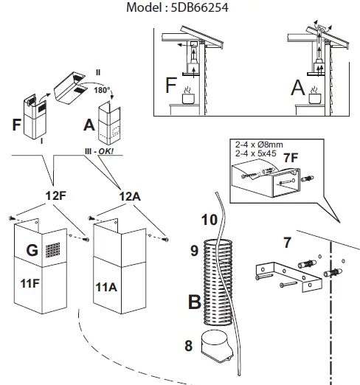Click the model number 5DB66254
199,7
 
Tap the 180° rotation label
102,90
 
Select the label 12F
56,195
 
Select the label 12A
130,196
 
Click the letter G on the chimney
32,250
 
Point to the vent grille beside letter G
52,250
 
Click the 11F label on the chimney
30,283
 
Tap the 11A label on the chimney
106,287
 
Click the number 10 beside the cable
210,220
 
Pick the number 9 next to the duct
194,251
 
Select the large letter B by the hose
195,302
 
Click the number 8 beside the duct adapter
189,346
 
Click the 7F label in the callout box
291,158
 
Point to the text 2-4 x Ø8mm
259,145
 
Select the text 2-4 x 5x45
256,153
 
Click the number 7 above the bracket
287,243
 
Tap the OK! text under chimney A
106,151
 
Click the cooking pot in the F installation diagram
188,98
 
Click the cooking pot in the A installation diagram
315,98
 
